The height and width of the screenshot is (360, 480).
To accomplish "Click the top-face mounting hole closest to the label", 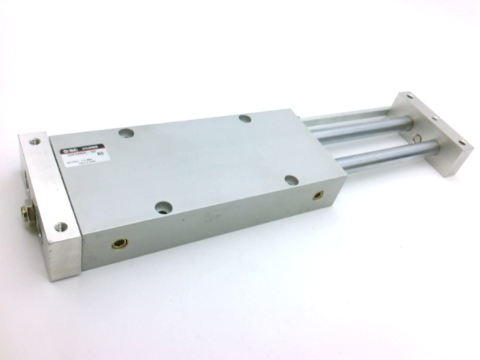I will (x=126, y=133).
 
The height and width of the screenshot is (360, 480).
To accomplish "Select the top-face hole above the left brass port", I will (x=163, y=207).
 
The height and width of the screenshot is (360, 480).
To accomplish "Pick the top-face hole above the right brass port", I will (x=291, y=180).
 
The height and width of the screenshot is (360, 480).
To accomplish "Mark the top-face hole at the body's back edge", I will (x=244, y=118).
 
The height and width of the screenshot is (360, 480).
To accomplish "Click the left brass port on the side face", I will (x=119, y=243).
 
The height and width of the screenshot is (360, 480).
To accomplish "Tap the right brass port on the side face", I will (x=318, y=195).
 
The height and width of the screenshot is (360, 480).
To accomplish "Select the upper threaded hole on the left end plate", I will (x=33, y=139).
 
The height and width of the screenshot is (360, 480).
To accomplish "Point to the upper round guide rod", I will (x=360, y=127).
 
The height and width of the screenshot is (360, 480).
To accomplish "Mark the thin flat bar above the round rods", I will (x=345, y=115).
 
